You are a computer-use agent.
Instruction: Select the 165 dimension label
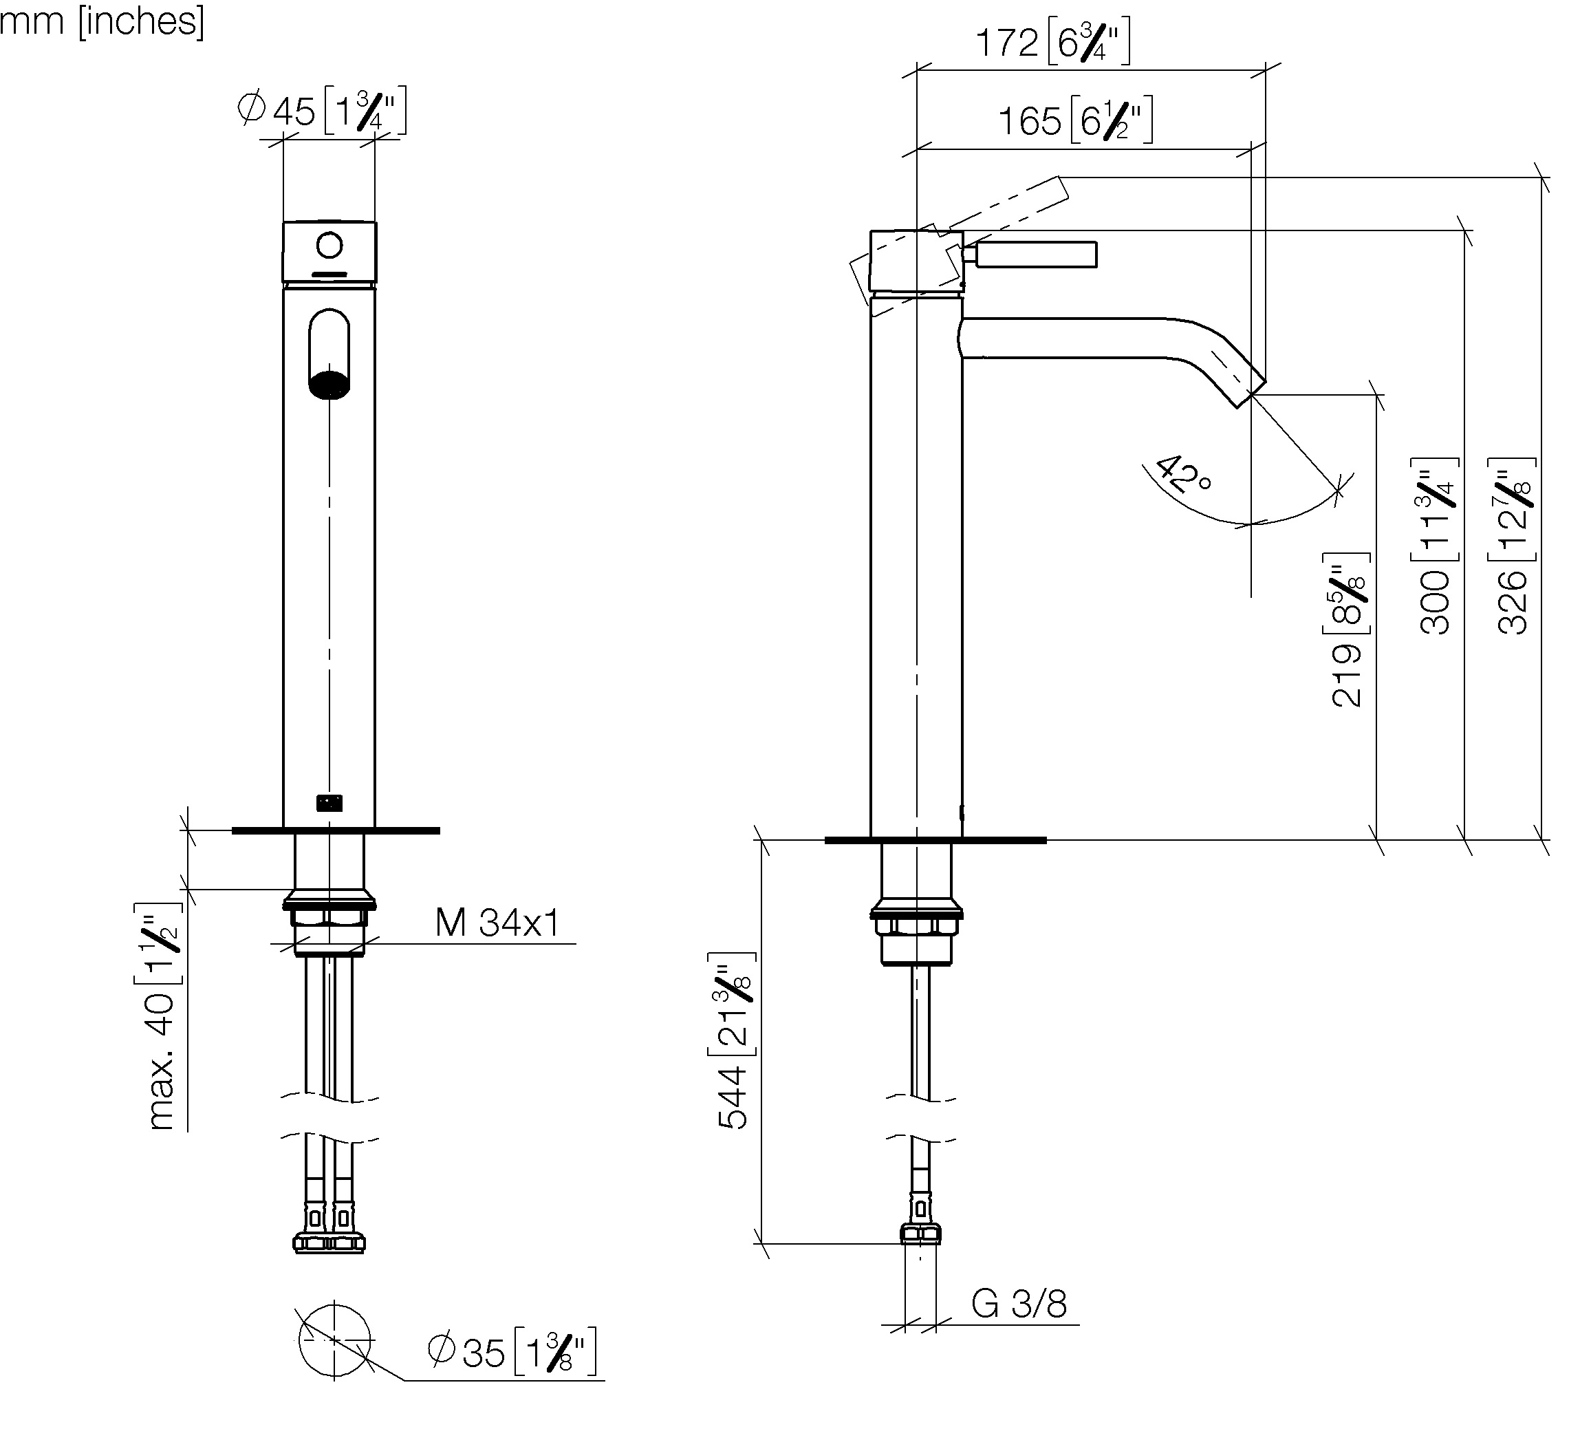[x=1075, y=120]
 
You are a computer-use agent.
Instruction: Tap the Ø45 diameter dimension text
[x=321, y=111]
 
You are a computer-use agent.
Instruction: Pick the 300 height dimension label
[x=1436, y=546]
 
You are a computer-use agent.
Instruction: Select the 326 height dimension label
[x=1513, y=546]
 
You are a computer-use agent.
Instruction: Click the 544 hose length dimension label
[x=735, y=1040]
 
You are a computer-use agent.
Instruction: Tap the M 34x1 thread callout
[x=498, y=923]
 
